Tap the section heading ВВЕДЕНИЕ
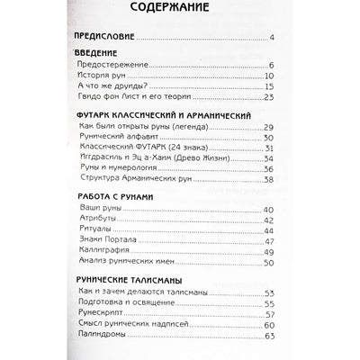pyautogui.click(x=94, y=58)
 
